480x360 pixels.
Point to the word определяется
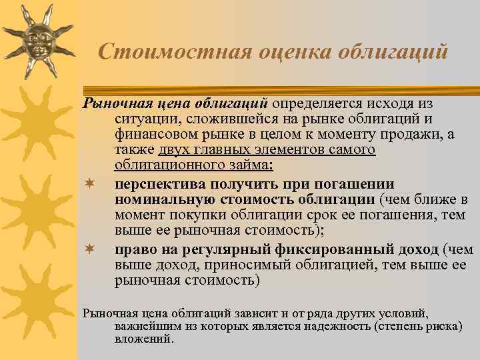click(314, 103)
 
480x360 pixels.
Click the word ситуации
click(143, 120)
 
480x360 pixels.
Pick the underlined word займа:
click(251, 165)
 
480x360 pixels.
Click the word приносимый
click(246, 265)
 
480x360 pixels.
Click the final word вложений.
click(143, 339)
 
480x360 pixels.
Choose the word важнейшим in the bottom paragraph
click(141, 327)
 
